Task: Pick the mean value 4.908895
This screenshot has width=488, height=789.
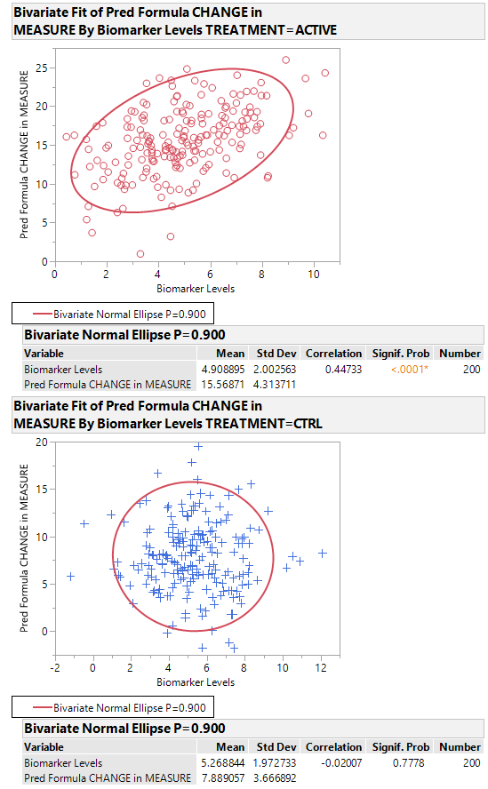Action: [x=218, y=369]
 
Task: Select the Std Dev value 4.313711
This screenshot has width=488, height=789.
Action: [x=276, y=385]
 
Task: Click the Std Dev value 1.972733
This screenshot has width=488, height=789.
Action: [x=276, y=763]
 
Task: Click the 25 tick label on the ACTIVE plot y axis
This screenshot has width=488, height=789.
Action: [x=41, y=68]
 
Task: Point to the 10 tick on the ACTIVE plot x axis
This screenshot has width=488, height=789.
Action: [x=313, y=275]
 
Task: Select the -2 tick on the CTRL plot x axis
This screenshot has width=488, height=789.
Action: [x=55, y=668]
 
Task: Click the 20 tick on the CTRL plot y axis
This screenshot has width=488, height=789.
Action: [x=41, y=442]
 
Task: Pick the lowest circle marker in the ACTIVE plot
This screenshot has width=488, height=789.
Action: [x=140, y=254]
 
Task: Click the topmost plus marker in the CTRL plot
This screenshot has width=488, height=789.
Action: [x=198, y=447]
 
